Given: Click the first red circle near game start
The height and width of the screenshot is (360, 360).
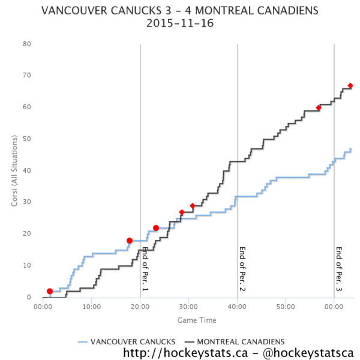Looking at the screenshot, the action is click(x=50, y=291).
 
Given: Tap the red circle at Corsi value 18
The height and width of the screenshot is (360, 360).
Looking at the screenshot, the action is click(x=130, y=241).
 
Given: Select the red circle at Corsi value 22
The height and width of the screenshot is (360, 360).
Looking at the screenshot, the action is click(x=156, y=228).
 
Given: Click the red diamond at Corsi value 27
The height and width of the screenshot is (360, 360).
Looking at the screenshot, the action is click(x=182, y=212).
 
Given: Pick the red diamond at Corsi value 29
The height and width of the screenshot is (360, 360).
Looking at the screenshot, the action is click(x=193, y=206).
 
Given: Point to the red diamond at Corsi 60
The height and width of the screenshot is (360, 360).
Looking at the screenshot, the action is click(x=319, y=107).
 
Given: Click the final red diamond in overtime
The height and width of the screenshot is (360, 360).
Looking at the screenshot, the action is click(x=350, y=86).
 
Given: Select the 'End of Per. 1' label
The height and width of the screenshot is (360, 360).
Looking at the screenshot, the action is click(x=145, y=269).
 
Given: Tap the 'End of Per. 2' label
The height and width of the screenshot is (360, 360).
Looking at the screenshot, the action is click(x=242, y=269).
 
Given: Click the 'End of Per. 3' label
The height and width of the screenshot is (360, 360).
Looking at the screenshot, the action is click(x=339, y=269).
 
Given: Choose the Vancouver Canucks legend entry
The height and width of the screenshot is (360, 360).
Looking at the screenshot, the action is click(x=127, y=341).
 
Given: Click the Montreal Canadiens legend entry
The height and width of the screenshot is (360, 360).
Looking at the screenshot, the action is click(x=235, y=341).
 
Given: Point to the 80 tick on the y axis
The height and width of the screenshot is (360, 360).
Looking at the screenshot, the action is click(x=27, y=44).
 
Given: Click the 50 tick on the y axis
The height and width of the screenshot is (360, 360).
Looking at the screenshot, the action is click(x=27, y=139).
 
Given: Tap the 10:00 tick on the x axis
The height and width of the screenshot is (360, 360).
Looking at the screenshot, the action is click(x=92, y=307).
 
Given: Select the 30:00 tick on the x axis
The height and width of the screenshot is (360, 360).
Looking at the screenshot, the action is click(x=188, y=307).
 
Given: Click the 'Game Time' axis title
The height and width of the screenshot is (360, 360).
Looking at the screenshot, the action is click(x=197, y=320).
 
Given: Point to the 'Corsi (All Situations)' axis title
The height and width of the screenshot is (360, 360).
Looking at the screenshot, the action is click(x=14, y=171).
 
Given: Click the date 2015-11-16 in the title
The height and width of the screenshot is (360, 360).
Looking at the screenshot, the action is click(x=180, y=23).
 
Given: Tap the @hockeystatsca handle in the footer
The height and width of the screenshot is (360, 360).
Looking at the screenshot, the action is click(x=308, y=353).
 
